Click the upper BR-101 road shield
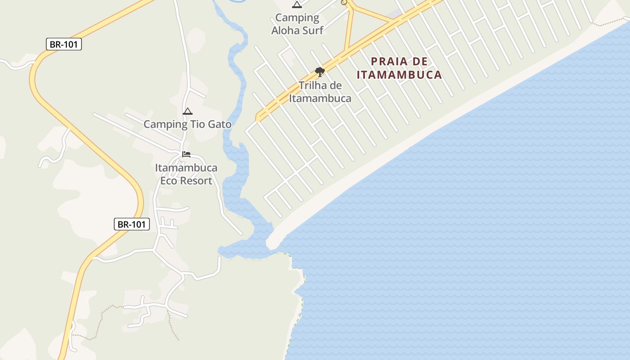point(63,44)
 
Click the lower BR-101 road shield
point(131,224)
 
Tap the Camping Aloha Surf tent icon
point(297,5)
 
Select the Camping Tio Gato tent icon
point(188,111)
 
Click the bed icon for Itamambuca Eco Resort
point(186,154)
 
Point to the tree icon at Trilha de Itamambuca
point(319,72)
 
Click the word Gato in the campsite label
point(220,124)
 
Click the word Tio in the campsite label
point(198,124)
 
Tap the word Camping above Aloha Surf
point(297,18)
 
